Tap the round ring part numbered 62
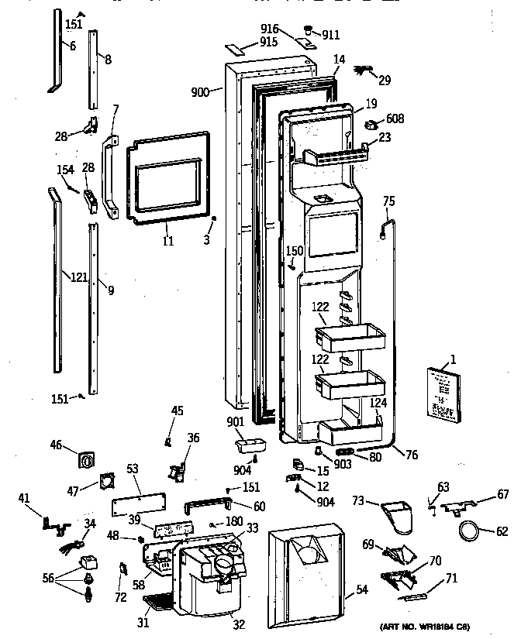pyautogui.click(x=468, y=532)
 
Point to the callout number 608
pyautogui.click(x=395, y=119)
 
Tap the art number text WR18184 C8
pyautogui.click(x=426, y=626)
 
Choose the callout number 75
pyautogui.click(x=389, y=201)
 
